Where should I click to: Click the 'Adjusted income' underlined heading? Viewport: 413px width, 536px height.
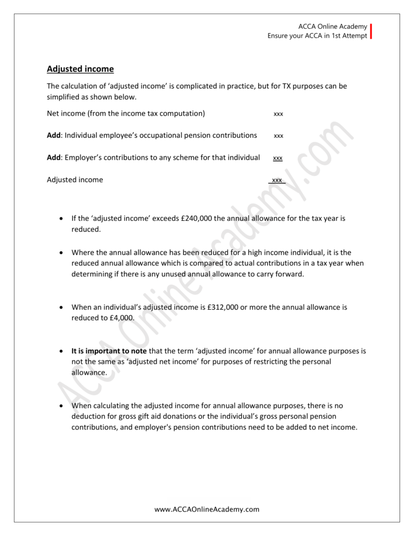(x=80, y=69)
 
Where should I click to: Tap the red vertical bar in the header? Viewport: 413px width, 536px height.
(x=372, y=31)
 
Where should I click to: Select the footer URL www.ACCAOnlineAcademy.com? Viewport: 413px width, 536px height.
(x=207, y=509)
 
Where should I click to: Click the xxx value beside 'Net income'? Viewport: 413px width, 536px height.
(x=278, y=114)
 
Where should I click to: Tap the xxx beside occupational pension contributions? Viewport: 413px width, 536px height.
(x=278, y=136)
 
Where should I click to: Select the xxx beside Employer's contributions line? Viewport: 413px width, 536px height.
(x=278, y=158)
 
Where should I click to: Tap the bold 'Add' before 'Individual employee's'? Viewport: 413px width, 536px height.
(x=54, y=135)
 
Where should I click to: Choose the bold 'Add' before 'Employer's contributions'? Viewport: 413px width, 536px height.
(x=54, y=157)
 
